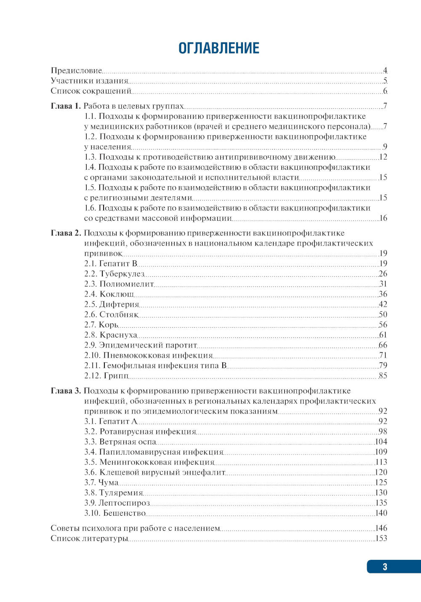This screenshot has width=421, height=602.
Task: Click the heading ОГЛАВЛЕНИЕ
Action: click(218, 48)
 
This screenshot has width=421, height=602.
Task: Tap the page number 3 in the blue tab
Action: click(385, 567)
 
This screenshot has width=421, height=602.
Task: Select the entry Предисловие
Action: click(76, 70)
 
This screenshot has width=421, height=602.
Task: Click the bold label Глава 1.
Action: click(65, 106)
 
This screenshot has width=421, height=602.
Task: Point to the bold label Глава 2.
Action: click(66, 233)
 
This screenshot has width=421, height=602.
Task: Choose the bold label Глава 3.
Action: click(66, 391)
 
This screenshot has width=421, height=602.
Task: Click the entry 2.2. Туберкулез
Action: click(114, 274)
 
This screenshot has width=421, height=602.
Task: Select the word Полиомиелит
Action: click(126, 284)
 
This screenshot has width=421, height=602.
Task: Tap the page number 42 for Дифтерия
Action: click(383, 304)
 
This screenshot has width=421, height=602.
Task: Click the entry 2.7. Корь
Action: click(101, 325)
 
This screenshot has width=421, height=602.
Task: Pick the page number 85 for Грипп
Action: click(383, 375)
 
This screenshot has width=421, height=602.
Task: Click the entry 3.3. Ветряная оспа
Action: click(120, 441)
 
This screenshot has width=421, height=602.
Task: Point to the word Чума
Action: click(109, 482)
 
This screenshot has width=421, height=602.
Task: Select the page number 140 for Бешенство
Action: click(381, 513)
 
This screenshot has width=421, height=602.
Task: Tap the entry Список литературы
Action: click(89, 538)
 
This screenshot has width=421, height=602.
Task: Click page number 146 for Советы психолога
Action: click(381, 528)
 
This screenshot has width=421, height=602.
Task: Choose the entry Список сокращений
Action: click(91, 91)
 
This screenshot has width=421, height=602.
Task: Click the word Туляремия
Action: click(121, 492)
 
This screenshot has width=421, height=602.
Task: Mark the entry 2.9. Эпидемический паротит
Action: click(141, 345)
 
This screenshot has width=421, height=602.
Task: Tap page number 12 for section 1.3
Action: click(383, 157)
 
